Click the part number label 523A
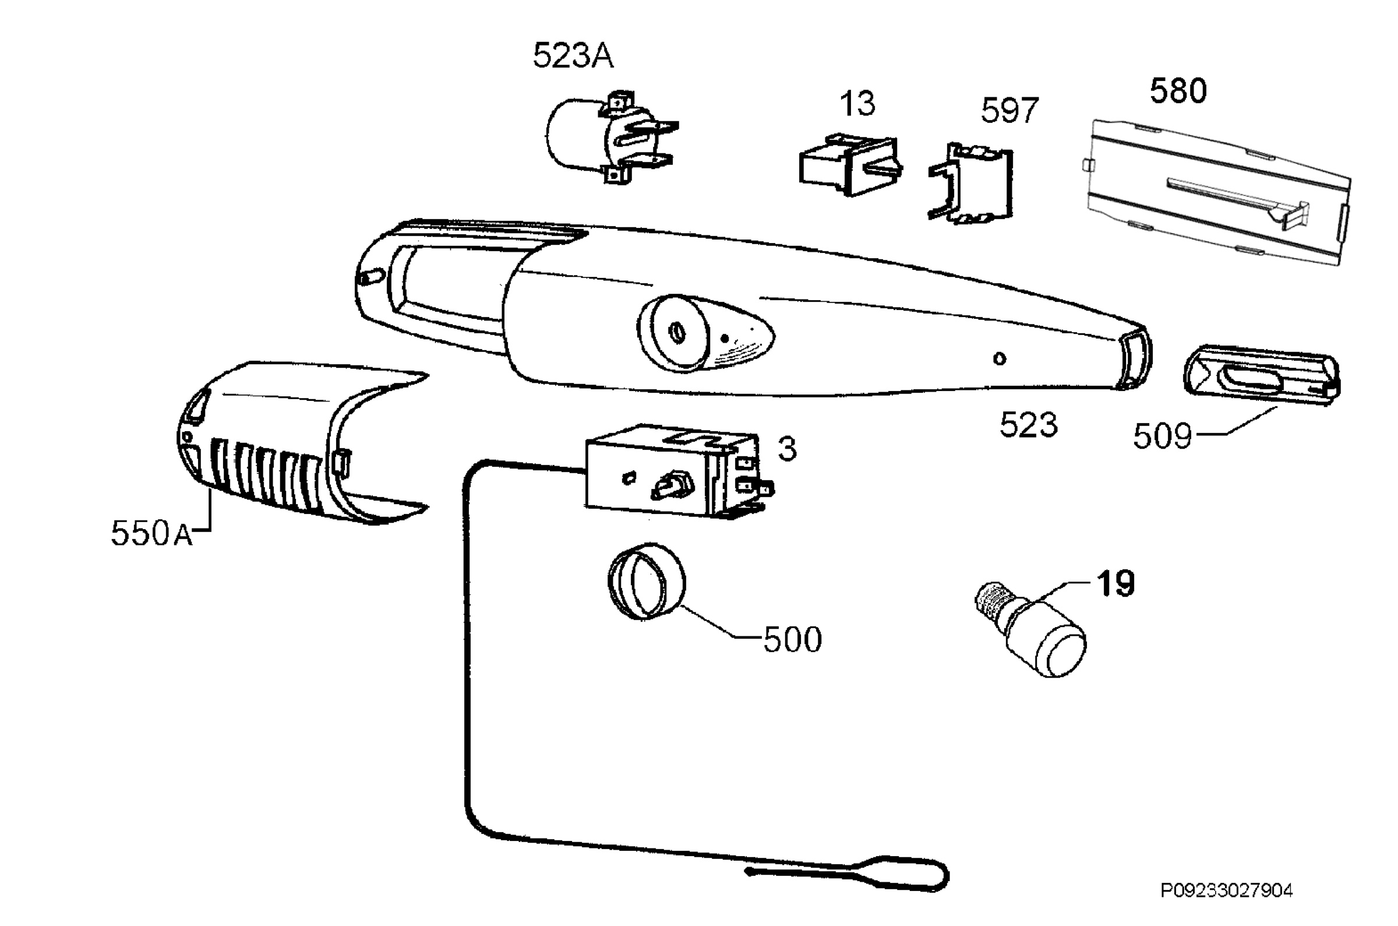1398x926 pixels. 573,57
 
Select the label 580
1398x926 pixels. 1178,91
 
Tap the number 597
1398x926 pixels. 1009,111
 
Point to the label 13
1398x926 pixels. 857,104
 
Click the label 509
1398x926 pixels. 1162,437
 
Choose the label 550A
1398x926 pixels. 152,533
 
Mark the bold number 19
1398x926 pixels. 1115,583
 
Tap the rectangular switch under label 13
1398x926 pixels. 850,164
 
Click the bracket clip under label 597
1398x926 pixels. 971,183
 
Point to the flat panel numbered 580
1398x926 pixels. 1219,192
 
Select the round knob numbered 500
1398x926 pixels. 647,581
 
